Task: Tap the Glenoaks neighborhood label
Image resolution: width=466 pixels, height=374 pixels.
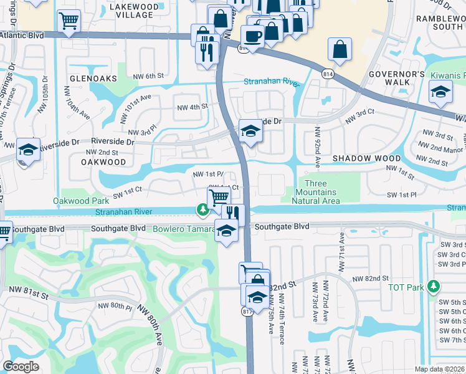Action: (93, 79)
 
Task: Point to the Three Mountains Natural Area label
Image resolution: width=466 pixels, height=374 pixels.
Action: (316, 192)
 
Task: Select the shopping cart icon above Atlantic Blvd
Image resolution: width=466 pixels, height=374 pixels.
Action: (69, 21)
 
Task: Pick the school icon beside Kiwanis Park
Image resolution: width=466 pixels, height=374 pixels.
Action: (440, 93)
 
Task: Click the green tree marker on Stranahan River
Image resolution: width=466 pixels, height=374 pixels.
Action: (203, 211)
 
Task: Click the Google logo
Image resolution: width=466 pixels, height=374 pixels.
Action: (21, 366)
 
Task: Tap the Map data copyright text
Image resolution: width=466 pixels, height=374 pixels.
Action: (439, 369)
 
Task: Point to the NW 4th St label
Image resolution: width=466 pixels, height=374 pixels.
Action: (191, 107)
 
